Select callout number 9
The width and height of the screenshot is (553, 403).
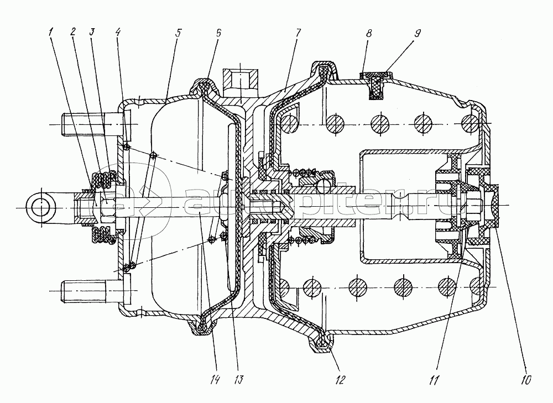[x=418, y=33]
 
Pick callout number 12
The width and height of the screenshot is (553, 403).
[x=340, y=380]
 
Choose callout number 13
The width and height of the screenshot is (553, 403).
[x=238, y=380]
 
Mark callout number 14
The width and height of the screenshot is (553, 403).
[x=214, y=380]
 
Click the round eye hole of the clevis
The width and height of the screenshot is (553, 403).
[x=41, y=207]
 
